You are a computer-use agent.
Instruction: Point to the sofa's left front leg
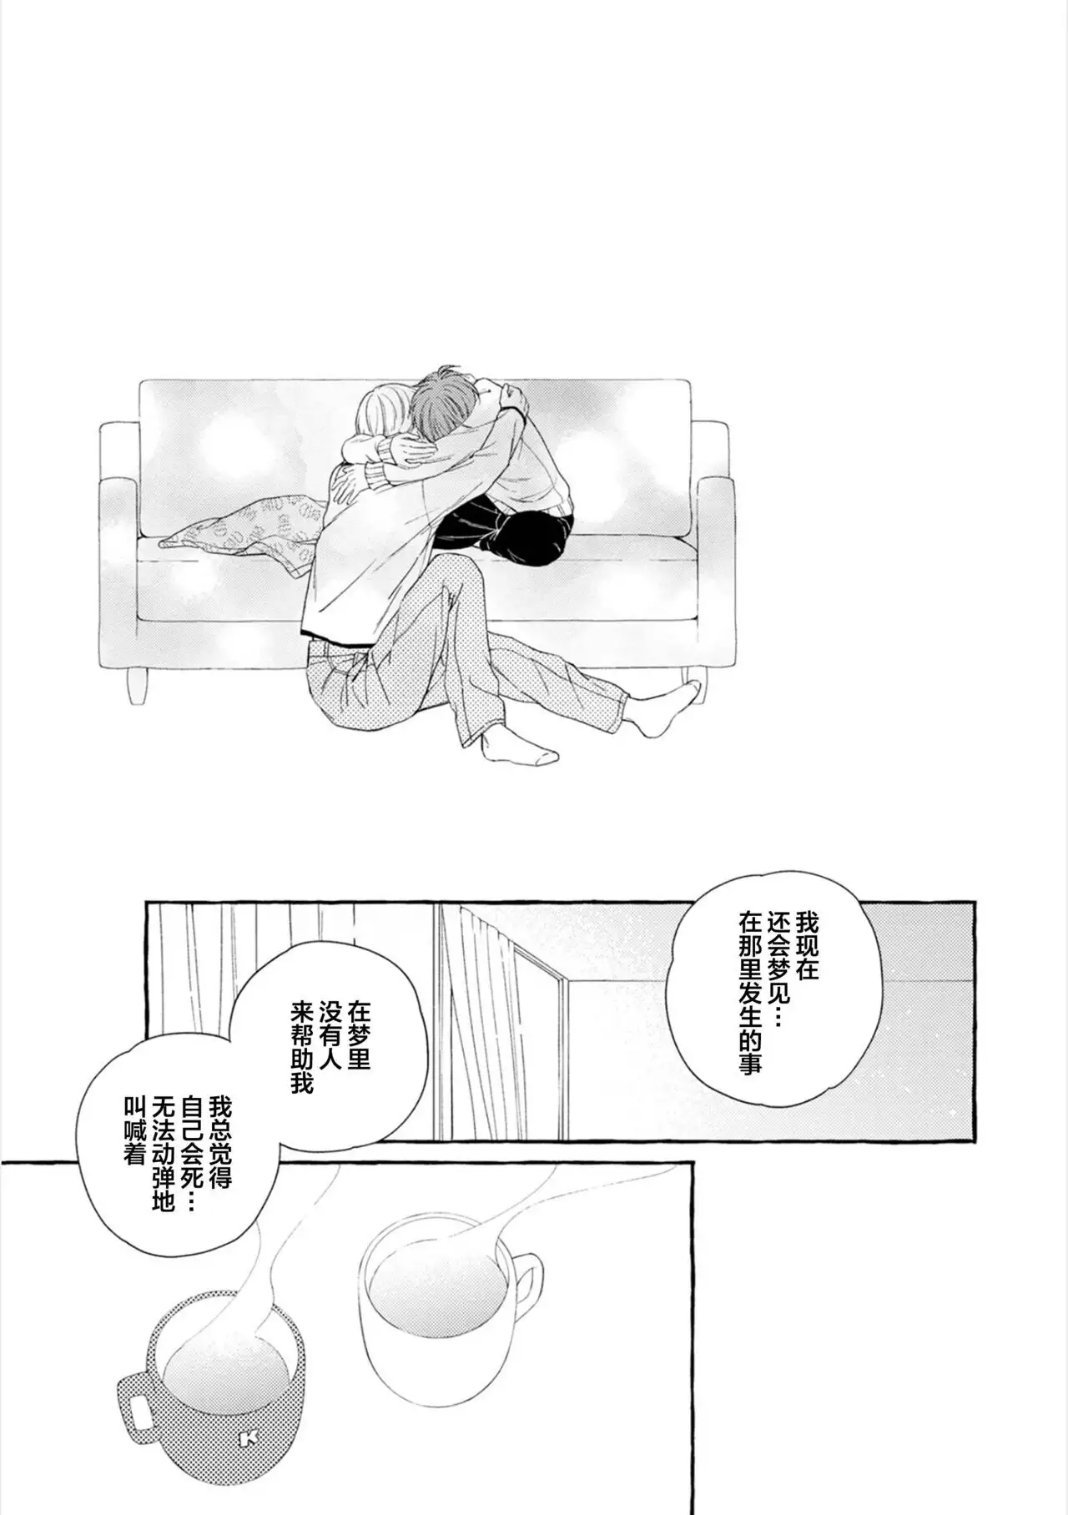136,684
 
